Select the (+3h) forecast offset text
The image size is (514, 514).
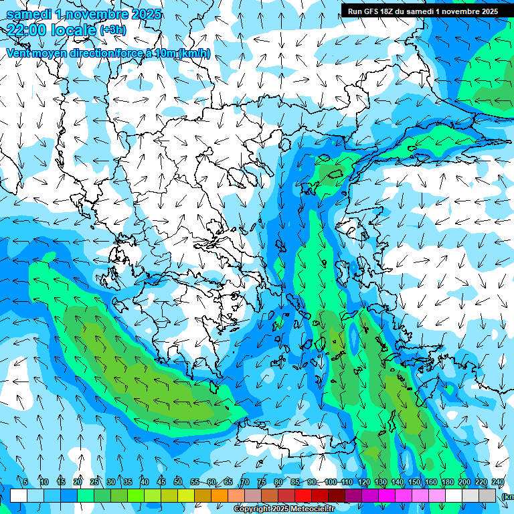point(112,30)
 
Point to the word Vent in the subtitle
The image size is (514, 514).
point(19,53)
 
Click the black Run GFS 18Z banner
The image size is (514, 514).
point(422,11)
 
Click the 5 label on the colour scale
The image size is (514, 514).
point(25,482)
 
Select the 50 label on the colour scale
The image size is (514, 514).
point(177,482)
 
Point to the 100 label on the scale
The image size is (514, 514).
point(330,482)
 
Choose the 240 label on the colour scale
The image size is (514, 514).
point(497,482)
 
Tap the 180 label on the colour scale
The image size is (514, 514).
point(447,482)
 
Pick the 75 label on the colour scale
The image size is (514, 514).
point(262,482)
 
